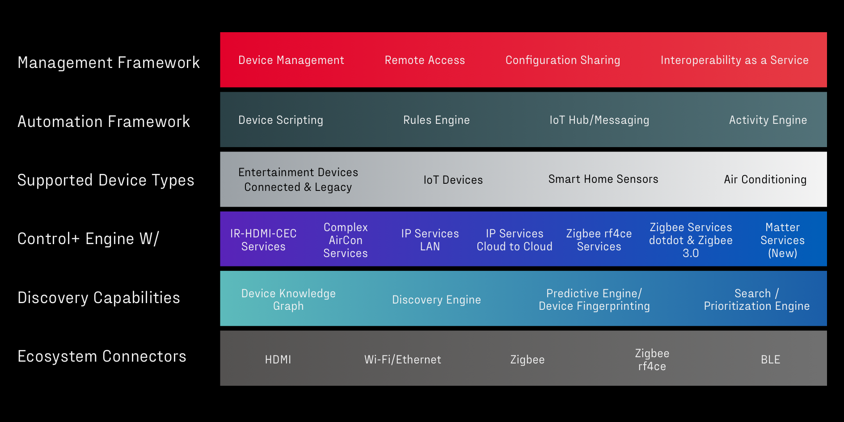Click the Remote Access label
pos(425,60)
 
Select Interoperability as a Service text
pos(734,60)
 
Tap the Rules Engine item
pos(436,120)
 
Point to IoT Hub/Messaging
pos(599,120)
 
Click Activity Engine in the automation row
pos(768,120)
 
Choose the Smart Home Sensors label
pos(603,179)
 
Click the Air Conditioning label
pos(765,180)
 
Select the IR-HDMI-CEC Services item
pos(263,240)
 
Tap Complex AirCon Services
pos(346,241)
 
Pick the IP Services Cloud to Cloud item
pos(515,240)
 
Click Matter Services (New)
pos(782,241)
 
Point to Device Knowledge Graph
pos(288,300)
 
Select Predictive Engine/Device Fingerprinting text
pos(594,300)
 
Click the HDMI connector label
pos(278,360)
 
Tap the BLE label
pos(770,360)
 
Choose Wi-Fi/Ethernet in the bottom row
pos(402,360)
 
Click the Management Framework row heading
pos(109,63)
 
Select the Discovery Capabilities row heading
pos(99,298)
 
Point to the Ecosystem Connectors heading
pos(102,356)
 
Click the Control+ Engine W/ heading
pos(88,239)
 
